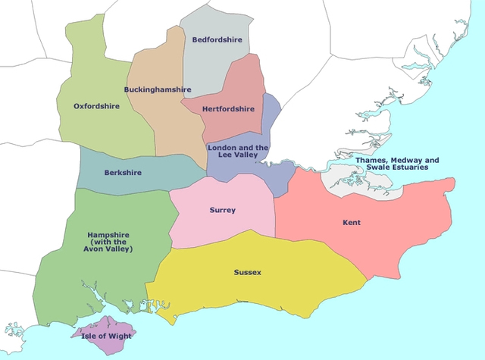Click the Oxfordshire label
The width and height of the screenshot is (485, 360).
(x=96, y=107)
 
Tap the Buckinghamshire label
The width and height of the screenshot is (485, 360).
(x=158, y=89)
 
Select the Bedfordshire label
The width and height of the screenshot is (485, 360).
(x=216, y=39)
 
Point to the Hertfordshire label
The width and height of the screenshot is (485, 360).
(x=228, y=108)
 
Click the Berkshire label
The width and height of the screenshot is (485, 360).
(x=124, y=173)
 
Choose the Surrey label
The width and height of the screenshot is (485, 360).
(x=223, y=210)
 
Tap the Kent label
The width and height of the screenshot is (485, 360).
(x=351, y=223)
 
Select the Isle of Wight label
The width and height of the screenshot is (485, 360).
(x=108, y=335)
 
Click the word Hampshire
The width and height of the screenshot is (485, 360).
(x=110, y=235)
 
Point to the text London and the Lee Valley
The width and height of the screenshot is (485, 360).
(x=238, y=151)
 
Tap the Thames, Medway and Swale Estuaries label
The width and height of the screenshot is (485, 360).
(x=397, y=164)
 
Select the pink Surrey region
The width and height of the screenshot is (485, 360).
(x=227, y=227)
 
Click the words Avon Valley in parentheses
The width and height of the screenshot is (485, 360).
(x=110, y=249)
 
